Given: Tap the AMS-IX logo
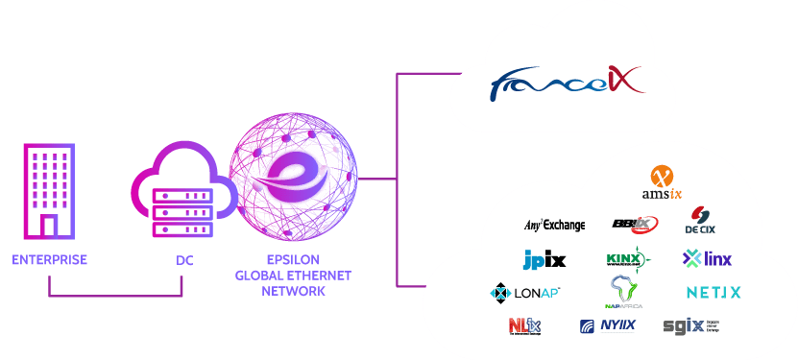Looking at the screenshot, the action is (x=661, y=182).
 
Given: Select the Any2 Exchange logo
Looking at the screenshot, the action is (x=554, y=226).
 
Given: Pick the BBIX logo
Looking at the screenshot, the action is (x=634, y=225).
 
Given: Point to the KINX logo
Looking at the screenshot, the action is (x=628, y=258).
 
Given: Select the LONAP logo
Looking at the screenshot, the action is (x=525, y=292).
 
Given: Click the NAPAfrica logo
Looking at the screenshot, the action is (x=623, y=292).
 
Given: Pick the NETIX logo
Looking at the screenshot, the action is (x=713, y=292).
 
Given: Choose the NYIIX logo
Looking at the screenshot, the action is (x=607, y=326).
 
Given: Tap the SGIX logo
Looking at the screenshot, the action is (x=689, y=325).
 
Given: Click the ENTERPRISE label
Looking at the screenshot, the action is (x=50, y=260).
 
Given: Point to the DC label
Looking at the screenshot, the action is (x=184, y=260).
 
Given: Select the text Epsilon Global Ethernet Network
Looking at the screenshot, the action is (x=293, y=275).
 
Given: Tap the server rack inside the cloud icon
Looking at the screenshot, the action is (x=183, y=206).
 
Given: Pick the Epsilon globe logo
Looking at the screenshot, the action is (x=292, y=179).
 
